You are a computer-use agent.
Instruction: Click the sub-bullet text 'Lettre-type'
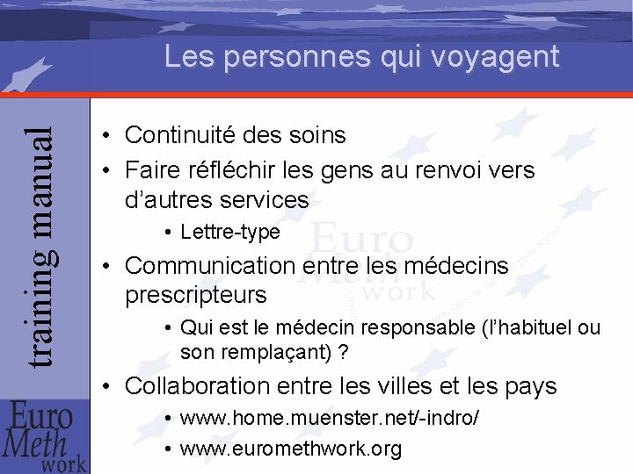point(229,233)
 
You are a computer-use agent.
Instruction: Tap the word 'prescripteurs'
point(195,295)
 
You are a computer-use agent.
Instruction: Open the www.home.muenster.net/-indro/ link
point(330,419)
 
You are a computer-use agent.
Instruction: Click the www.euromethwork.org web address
point(291,449)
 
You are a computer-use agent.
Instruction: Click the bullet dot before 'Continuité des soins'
point(105,136)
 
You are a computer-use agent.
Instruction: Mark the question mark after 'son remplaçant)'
point(343,353)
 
